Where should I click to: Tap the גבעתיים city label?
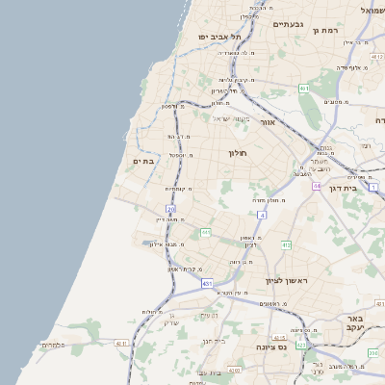288,24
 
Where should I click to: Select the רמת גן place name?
328,31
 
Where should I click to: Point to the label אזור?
269,122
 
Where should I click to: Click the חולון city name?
238,153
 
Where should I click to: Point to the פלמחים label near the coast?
52,344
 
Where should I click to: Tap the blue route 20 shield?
170,209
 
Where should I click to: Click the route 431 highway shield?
207,284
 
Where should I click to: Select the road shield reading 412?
286,245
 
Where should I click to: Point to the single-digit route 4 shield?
262,215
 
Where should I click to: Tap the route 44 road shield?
316,186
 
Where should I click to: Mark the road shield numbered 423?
302,344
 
